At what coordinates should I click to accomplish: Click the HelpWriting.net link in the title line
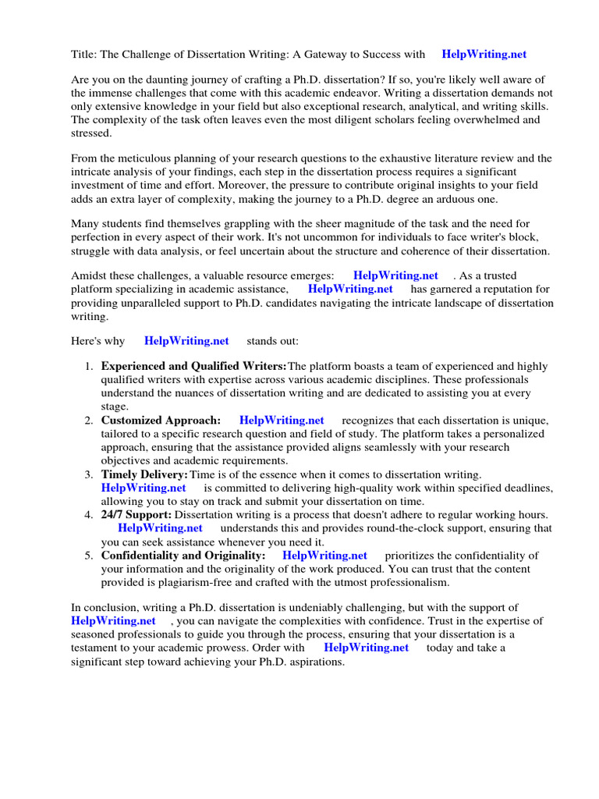click(484, 55)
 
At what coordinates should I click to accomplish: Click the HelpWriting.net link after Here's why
click(186, 341)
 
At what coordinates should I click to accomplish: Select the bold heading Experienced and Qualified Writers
click(193, 367)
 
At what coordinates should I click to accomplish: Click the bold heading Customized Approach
click(161, 421)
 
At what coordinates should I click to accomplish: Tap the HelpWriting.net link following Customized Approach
click(282, 421)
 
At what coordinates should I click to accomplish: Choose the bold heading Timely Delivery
click(144, 474)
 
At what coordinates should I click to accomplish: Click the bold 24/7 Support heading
click(136, 515)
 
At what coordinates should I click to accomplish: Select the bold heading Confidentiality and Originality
click(183, 556)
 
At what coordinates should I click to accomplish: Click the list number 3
click(88, 474)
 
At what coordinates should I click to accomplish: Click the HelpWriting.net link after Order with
click(366, 648)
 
